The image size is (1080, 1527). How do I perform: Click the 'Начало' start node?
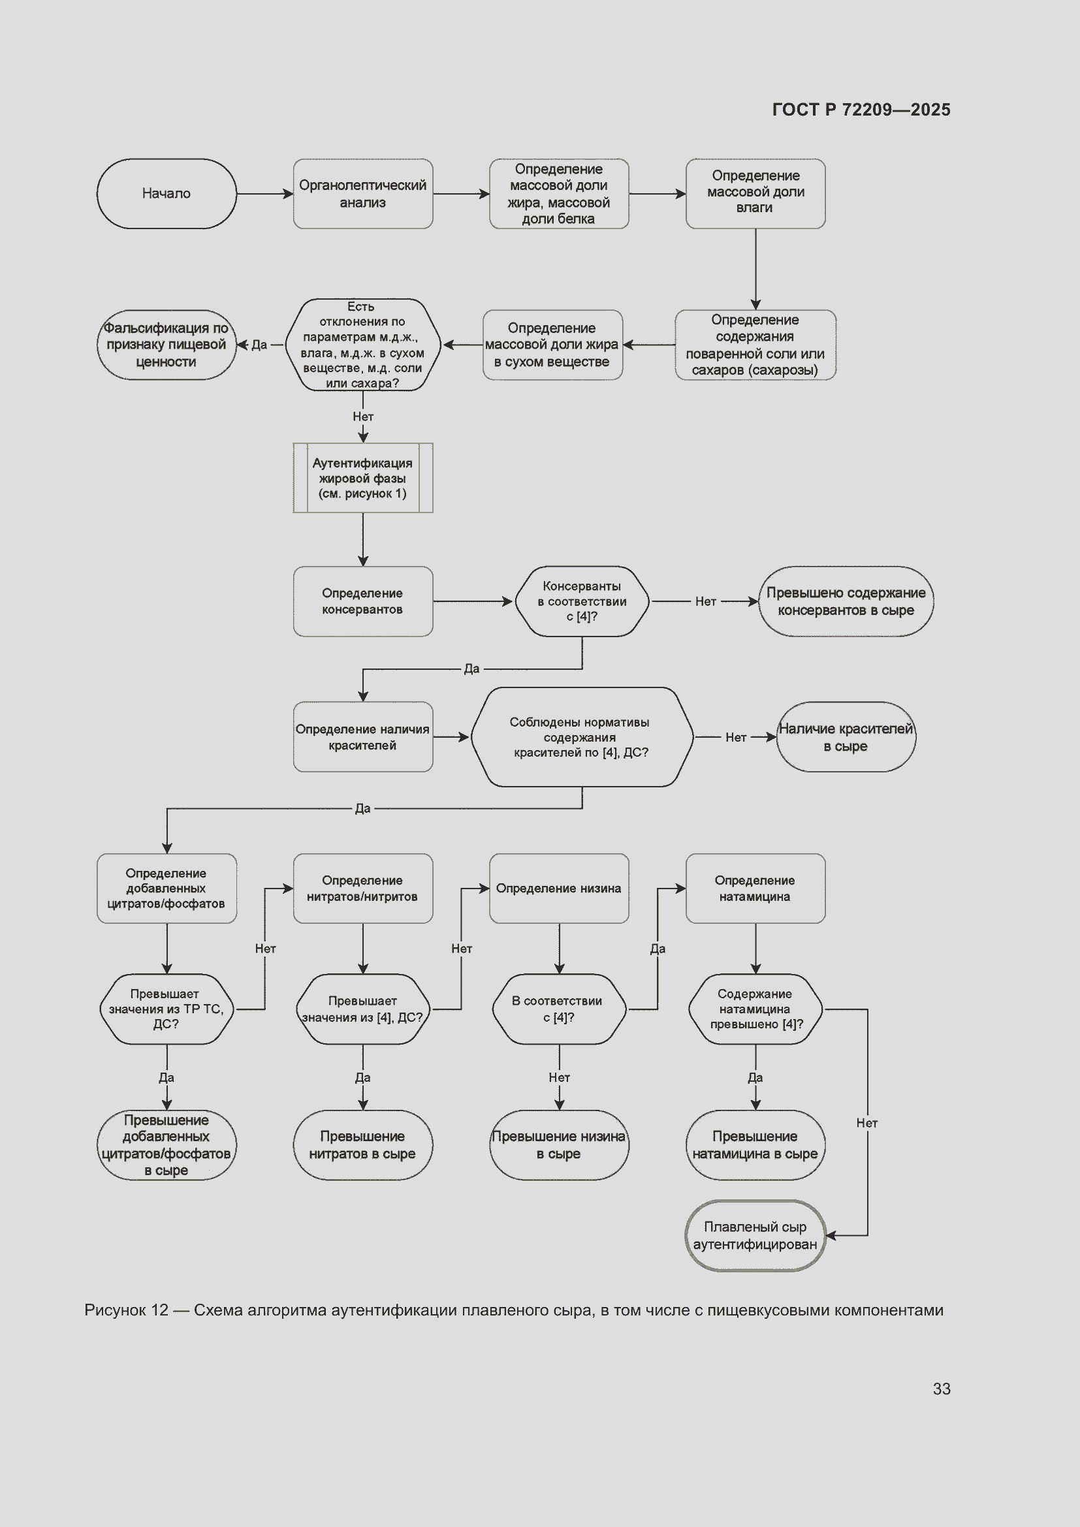[x=167, y=193]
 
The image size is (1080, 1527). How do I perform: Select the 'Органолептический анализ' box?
[x=363, y=193]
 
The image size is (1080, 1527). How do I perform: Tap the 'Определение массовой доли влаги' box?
[x=755, y=193]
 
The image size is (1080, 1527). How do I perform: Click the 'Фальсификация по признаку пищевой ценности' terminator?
[x=167, y=345]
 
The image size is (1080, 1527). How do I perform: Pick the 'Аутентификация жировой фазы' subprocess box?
[x=363, y=477]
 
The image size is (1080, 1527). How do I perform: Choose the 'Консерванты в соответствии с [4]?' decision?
[x=582, y=601]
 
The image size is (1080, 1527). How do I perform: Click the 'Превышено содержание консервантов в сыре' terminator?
[x=846, y=601]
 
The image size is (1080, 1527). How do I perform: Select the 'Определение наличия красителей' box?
[x=363, y=737]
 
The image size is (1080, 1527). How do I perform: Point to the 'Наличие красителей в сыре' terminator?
[x=846, y=737]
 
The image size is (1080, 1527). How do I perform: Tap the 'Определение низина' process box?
[x=560, y=889]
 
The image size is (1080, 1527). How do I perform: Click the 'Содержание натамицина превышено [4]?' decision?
[x=755, y=1009]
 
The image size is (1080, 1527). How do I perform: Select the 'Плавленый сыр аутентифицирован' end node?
[x=755, y=1236]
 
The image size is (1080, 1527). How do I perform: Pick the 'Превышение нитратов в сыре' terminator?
[x=363, y=1145]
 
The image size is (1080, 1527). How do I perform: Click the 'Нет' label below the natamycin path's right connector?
[x=867, y=1123]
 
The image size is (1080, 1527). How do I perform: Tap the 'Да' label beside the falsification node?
[x=259, y=345]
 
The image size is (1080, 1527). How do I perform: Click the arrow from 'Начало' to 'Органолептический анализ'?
[x=265, y=194]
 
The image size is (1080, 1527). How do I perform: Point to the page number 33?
[x=942, y=1389]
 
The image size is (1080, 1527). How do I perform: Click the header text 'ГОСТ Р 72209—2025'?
[x=861, y=110]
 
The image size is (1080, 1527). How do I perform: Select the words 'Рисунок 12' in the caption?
[x=127, y=1310]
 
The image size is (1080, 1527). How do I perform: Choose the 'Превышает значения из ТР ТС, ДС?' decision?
[x=167, y=1009]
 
